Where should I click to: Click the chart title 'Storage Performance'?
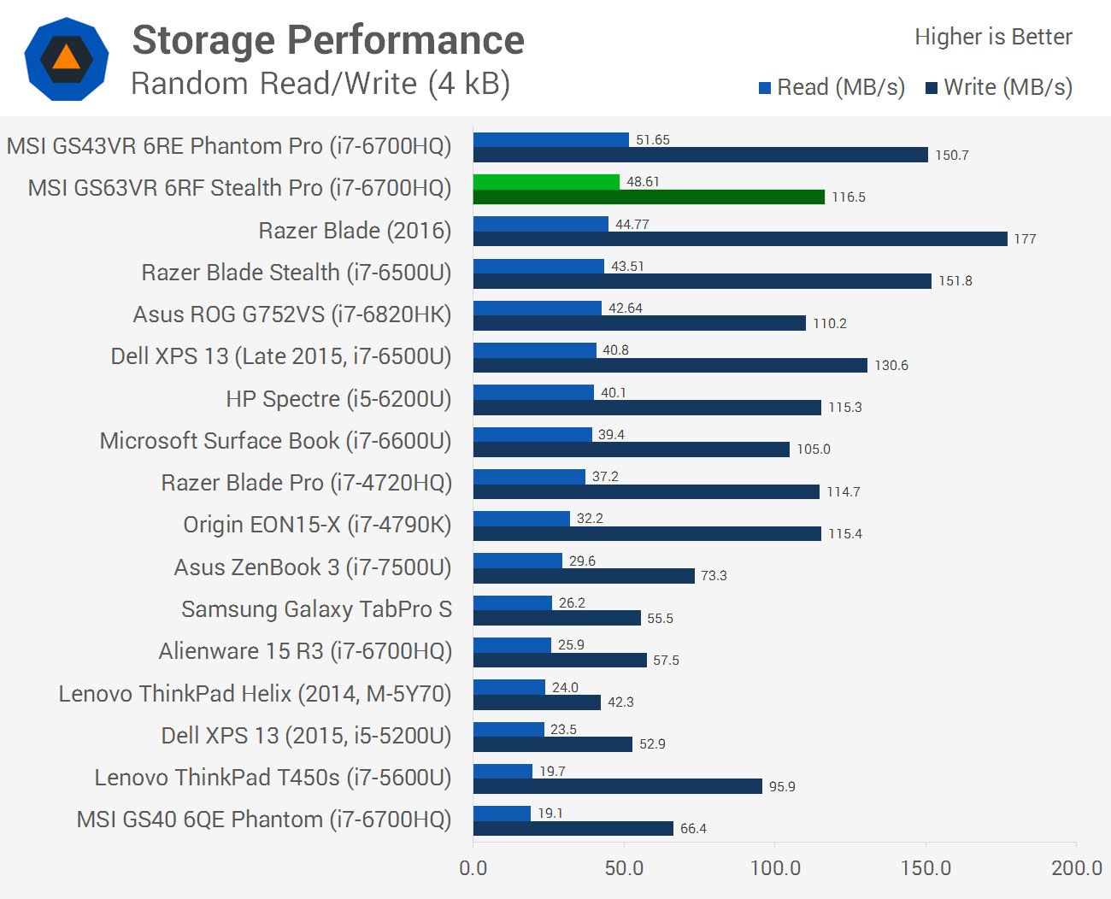tap(328, 40)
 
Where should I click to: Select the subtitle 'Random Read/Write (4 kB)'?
tap(320, 84)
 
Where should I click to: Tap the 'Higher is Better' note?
tap(993, 37)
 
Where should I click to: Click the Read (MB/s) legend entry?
tap(832, 87)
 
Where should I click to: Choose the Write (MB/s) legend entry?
tap(999, 87)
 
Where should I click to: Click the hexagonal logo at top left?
tap(67, 59)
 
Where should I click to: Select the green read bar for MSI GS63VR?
tap(546, 182)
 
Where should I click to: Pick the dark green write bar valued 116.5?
tap(649, 197)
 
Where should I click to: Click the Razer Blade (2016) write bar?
tap(740, 239)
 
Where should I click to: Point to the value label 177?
tap(1025, 239)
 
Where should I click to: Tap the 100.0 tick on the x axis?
tap(775, 868)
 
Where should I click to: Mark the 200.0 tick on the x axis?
tap(1076, 868)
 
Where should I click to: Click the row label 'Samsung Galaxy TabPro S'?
tap(316, 609)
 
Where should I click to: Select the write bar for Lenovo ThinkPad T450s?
tap(617, 786)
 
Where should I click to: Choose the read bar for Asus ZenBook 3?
tap(517, 561)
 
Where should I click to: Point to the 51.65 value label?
tap(653, 140)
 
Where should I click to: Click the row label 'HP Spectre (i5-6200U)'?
tap(338, 399)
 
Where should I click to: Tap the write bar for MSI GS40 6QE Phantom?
tap(573, 828)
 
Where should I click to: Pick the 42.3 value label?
tap(620, 702)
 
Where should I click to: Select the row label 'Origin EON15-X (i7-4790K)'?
tap(317, 525)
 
